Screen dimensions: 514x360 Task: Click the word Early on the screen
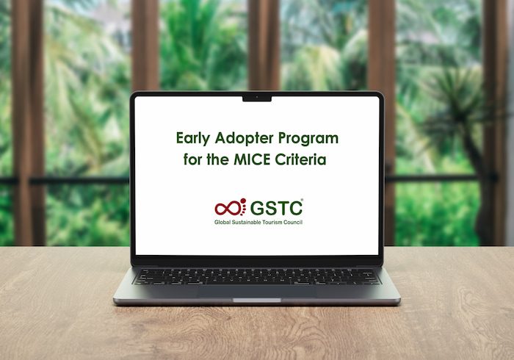(192, 138)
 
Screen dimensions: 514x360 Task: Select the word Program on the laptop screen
(308, 138)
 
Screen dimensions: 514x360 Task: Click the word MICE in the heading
(252, 159)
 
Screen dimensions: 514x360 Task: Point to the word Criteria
(300, 159)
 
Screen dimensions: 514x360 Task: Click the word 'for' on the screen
(192, 159)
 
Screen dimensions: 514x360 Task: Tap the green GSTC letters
(276, 208)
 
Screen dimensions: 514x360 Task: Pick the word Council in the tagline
(293, 223)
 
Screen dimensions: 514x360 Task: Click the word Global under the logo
(222, 223)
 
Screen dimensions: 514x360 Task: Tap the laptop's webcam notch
(257, 98)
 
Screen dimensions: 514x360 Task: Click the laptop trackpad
(257, 292)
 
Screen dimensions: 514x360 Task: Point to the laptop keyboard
(257, 276)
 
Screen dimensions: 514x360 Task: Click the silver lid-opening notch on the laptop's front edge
(257, 300)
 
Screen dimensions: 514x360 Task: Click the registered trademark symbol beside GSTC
(302, 200)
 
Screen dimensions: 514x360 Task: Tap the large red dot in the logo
(243, 201)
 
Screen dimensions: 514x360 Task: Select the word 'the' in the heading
(217, 159)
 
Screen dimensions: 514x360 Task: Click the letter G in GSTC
(257, 208)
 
